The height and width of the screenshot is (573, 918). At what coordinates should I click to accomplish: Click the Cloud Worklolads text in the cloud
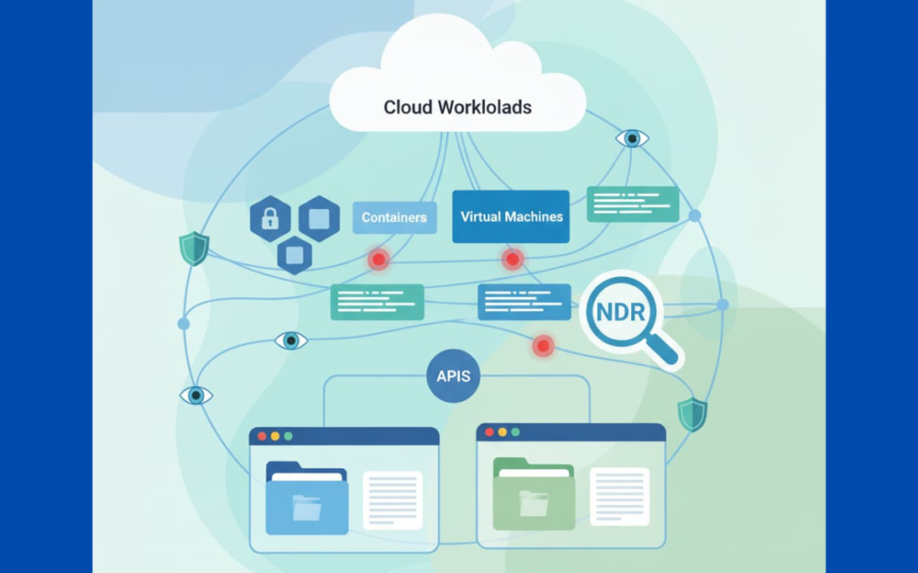457,108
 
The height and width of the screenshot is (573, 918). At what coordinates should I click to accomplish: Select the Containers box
394,218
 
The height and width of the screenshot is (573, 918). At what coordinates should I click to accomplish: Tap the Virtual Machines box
511,216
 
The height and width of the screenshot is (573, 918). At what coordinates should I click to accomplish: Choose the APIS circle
454,376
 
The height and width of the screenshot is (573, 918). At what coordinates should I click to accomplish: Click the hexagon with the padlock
270,218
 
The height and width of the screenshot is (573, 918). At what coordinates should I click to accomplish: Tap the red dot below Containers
379,259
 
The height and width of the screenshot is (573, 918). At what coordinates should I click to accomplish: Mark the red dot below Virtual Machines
512,259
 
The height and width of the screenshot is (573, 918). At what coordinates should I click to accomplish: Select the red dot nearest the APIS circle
542,345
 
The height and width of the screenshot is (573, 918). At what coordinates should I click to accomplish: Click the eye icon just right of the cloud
632,138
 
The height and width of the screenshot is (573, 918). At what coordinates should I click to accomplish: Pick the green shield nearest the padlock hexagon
194,248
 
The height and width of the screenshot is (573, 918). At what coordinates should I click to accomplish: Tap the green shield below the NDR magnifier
692,414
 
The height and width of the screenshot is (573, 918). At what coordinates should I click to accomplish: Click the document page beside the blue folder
392,499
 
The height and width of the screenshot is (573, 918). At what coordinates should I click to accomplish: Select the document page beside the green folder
619,496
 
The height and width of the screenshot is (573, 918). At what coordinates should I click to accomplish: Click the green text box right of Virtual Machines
633,204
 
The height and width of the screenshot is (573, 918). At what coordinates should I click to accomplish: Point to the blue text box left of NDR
524,302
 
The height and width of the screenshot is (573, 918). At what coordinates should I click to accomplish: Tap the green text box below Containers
377,302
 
